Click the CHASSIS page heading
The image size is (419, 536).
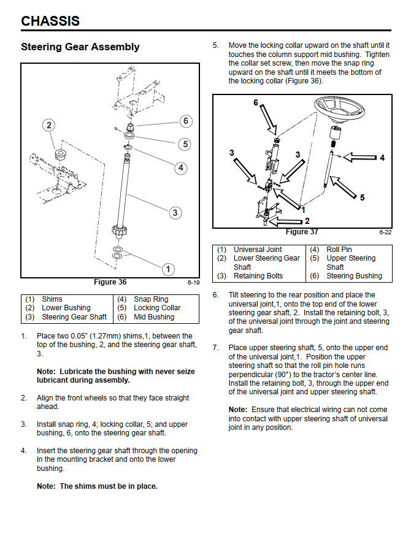[50, 21]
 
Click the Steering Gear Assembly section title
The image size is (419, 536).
[80, 47]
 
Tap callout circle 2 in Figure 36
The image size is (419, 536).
[49, 125]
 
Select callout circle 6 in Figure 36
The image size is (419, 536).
[186, 121]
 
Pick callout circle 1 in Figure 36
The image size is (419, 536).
[168, 269]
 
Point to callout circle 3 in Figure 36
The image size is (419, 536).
[175, 212]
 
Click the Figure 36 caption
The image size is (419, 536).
[110, 282]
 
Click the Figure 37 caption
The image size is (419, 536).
[301, 232]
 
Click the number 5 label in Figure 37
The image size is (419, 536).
[362, 197]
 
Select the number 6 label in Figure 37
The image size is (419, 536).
[256, 102]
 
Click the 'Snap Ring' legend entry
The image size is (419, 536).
[151, 299]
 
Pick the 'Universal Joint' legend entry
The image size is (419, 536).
[258, 250]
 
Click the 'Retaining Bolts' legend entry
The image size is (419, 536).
[258, 276]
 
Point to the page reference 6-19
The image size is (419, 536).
[193, 283]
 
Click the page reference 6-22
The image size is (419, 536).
[385, 232]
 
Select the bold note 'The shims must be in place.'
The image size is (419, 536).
[97, 486]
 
